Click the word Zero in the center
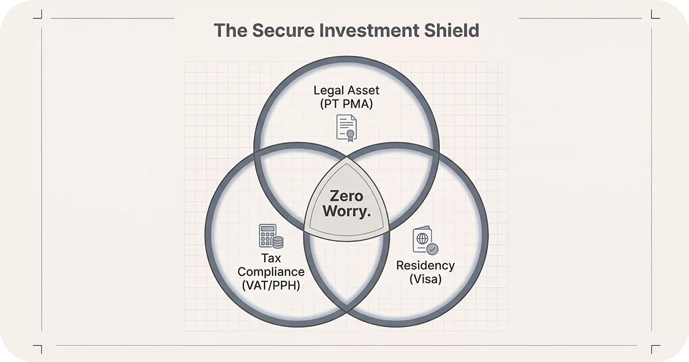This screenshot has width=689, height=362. pyautogui.click(x=346, y=197)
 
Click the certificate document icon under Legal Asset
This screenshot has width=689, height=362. pyautogui.click(x=346, y=128)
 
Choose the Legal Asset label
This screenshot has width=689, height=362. pyautogui.click(x=346, y=90)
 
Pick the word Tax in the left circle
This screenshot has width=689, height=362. pyautogui.click(x=271, y=257)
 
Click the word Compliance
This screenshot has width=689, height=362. pyautogui.click(x=271, y=271)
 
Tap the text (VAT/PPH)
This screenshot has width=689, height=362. pyautogui.click(x=271, y=285)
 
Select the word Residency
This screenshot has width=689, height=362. pyautogui.click(x=425, y=265)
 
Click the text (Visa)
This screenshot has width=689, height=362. pyautogui.click(x=425, y=280)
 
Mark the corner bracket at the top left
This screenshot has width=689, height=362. pyautogui.click(x=38, y=13)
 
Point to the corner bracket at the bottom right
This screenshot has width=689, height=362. pyautogui.click(x=655, y=349)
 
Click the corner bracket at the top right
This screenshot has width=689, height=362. pyautogui.click(x=655, y=13)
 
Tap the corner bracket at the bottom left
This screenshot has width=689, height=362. pyautogui.click(x=38, y=349)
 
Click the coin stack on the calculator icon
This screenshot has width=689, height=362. pyautogui.click(x=278, y=242)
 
